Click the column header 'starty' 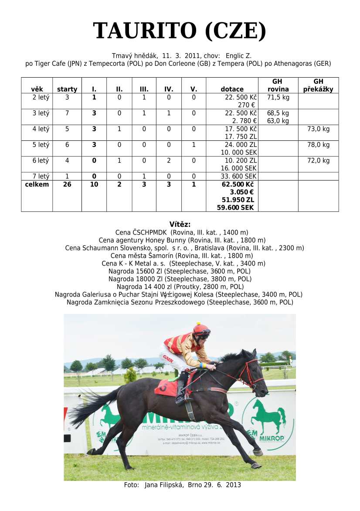point(67,89)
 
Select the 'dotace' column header point(232,89)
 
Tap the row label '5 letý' point(41,145)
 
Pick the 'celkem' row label point(37,184)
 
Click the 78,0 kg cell point(319,145)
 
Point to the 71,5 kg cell point(278,97)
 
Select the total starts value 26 point(67,184)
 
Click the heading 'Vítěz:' point(180,225)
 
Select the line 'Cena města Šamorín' point(139,256)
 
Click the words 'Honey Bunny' point(168,240)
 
